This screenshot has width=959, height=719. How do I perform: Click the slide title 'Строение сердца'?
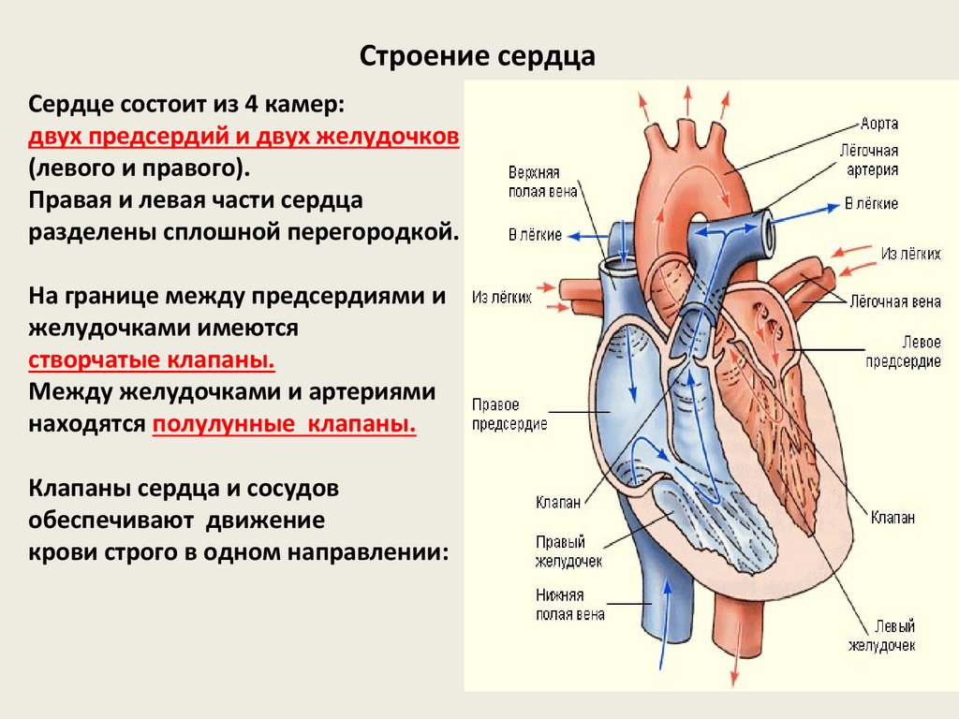478,57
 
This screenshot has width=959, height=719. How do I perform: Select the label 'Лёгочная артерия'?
872,160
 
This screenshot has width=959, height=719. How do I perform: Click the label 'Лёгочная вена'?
894,301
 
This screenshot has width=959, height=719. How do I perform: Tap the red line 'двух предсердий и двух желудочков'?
243,137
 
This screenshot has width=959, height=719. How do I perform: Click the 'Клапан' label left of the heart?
559,502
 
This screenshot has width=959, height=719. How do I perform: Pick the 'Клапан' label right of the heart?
892,518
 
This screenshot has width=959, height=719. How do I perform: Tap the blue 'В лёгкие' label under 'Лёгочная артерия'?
871,203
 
